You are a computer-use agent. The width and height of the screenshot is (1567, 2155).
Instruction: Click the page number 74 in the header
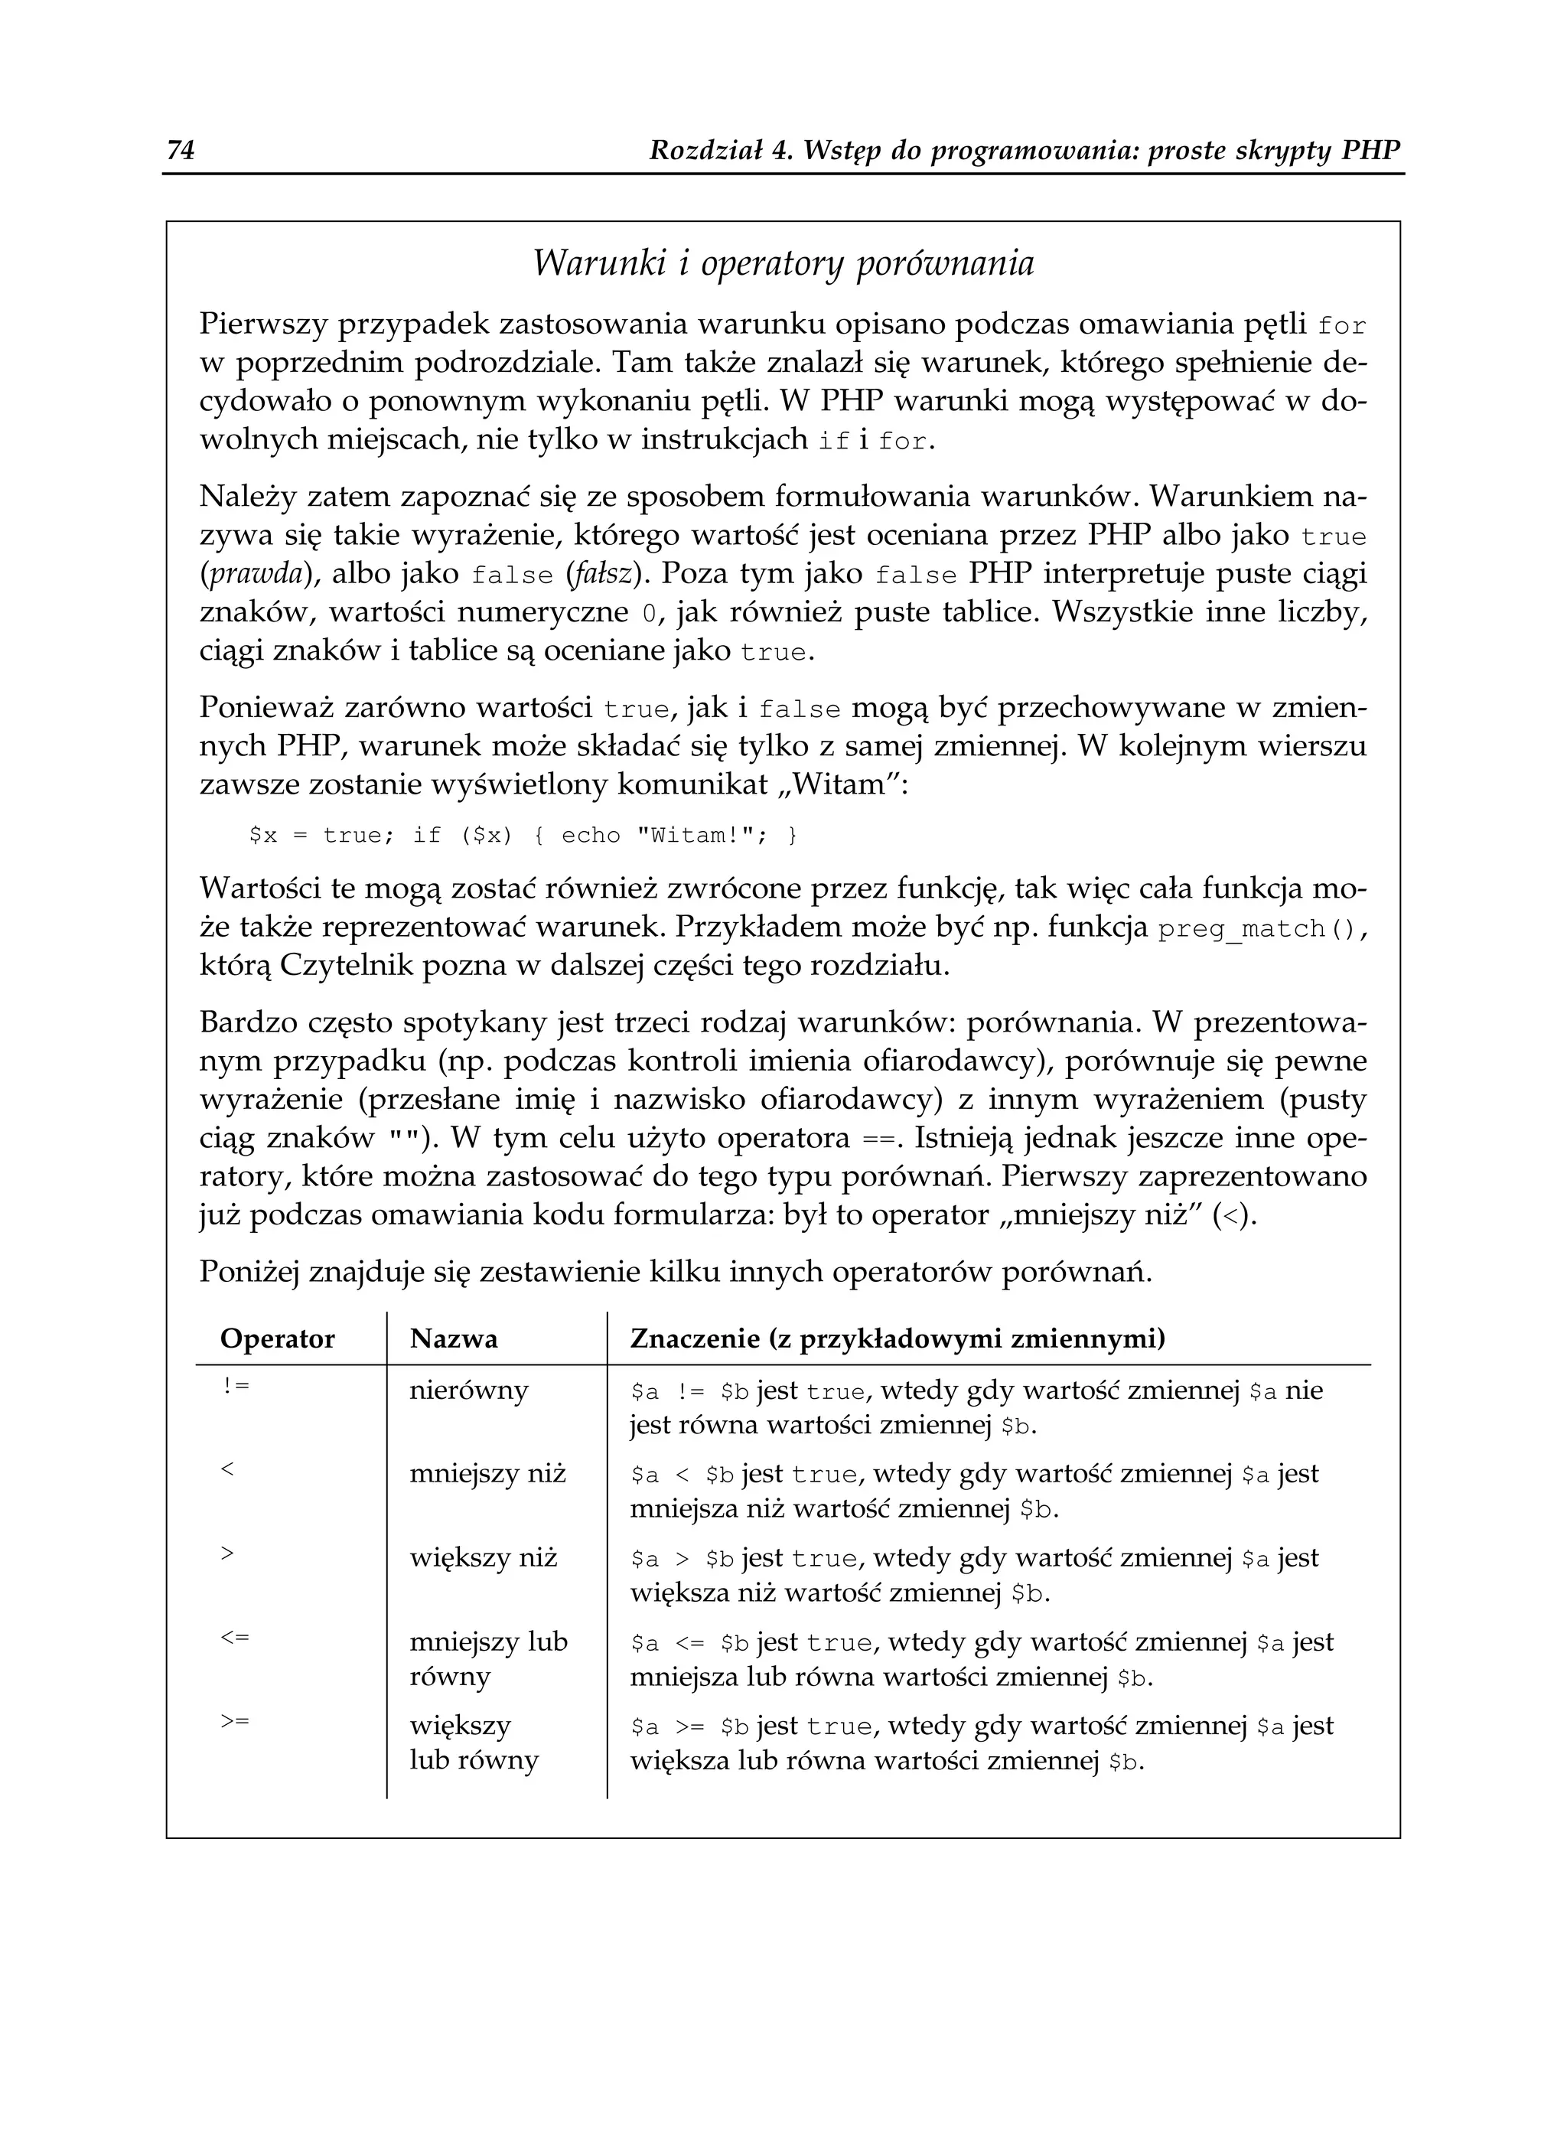point(181,150)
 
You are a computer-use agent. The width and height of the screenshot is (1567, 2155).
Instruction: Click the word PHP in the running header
point(1371,150)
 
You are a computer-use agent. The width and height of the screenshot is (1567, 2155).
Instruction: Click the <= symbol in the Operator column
point(235,1637)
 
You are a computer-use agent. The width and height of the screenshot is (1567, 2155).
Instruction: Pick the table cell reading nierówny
point(468,1391)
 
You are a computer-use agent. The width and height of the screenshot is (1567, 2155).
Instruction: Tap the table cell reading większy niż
point(483,1558)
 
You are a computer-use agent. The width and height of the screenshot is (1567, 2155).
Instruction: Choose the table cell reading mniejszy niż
point(487,1475)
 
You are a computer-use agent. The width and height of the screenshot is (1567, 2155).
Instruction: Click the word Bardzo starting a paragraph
point(249,1023)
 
